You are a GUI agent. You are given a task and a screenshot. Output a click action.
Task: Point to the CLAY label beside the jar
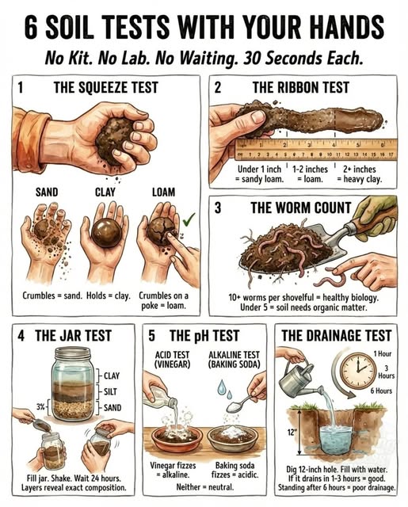coord(112,375)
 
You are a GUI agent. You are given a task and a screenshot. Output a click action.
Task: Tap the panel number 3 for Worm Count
coord(219,208)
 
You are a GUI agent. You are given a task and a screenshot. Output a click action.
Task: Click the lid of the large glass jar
coord(63,350)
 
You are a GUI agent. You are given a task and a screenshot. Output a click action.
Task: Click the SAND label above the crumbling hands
coord(47,192)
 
